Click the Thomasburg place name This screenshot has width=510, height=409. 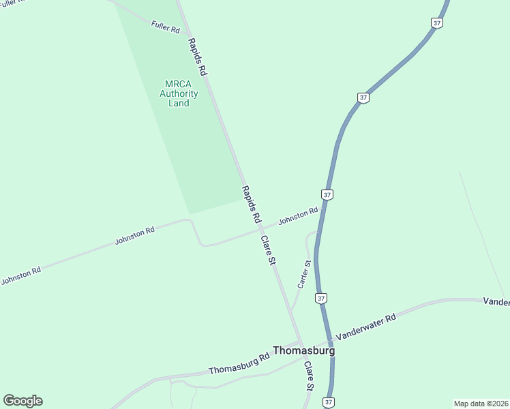[303, 350]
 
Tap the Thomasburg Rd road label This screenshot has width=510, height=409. [239, 364]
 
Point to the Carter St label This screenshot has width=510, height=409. [304, 273]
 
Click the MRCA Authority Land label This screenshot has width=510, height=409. [179, 93]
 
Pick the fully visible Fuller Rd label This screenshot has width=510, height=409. [165, 28]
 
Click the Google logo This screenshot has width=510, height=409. [22, 401]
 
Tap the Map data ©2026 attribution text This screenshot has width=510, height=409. [481, 403]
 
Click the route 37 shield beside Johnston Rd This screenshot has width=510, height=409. [328, 195]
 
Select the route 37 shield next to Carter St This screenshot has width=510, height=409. [321, 298]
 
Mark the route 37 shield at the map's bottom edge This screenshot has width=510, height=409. [329, 402]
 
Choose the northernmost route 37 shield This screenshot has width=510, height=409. [437, 22]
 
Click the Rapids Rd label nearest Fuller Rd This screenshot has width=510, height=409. [197, 56]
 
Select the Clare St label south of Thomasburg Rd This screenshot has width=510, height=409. [309, 376]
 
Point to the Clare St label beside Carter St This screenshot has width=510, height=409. [267, 250]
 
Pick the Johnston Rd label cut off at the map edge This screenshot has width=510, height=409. [20, 275]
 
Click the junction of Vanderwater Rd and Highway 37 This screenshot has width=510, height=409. [330, 340]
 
